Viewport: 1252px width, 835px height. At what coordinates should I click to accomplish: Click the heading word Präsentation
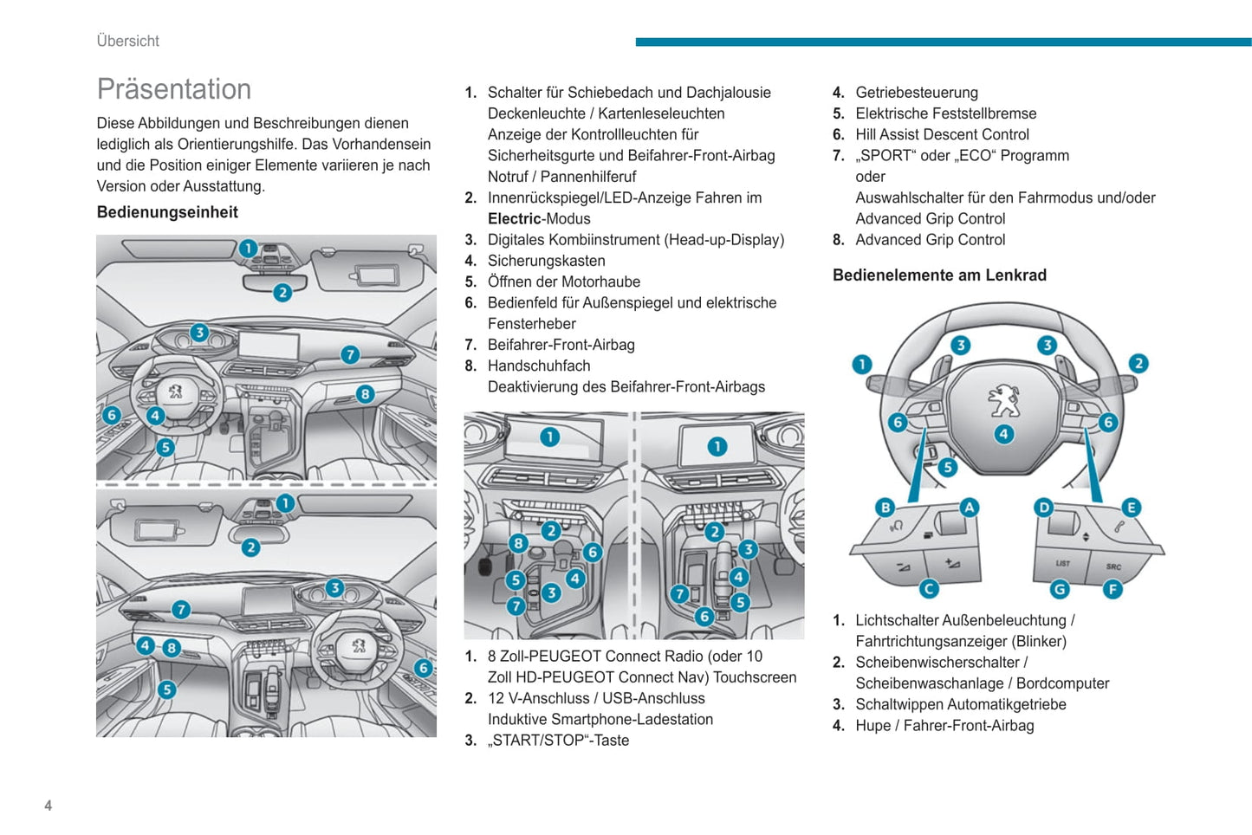point(174,89)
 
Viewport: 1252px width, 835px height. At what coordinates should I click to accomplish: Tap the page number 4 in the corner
point(49,806)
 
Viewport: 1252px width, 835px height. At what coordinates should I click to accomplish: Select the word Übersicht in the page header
point(128,41)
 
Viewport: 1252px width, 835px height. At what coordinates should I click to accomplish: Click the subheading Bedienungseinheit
point(167,212)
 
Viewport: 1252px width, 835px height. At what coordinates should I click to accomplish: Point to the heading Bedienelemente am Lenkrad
point(939,275)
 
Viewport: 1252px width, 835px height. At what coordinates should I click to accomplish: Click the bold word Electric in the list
point(514,219)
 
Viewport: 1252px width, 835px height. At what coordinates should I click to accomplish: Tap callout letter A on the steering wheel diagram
point(969,508)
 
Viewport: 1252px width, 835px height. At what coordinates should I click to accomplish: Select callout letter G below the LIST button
point(1059,589)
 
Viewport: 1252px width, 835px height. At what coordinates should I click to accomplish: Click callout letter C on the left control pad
point(929,589)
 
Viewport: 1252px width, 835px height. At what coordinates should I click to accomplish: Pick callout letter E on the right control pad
point(1131,508)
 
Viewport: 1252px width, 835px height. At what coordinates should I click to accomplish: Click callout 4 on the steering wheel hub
point(1003,434)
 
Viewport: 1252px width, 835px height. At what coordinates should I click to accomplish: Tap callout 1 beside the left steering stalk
point(861,364)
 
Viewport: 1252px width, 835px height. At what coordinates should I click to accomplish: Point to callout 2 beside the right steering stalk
point(1138,364)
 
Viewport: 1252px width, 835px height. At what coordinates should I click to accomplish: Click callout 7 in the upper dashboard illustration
point(349,354)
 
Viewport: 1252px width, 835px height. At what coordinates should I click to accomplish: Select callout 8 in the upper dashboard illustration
point(365,394)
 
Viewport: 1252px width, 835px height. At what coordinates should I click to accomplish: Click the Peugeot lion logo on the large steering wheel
point(1003,401)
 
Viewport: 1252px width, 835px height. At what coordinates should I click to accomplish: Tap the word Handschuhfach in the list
point(539,366)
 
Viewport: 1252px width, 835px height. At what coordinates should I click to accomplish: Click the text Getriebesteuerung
point(917,93)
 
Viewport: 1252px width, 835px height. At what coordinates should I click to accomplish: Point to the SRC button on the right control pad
point(1113,566)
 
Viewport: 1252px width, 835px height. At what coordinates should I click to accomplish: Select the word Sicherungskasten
point(546,261)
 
